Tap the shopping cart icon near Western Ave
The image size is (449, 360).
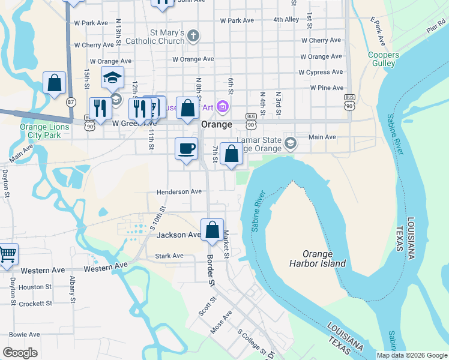7,254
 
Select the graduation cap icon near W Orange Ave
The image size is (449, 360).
112,78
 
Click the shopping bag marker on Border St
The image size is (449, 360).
212,230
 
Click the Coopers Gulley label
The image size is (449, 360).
382,59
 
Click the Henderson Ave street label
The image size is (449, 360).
179,191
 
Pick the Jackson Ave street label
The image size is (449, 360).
178,235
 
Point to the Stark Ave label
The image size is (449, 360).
169,256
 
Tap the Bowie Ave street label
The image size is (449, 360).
25,334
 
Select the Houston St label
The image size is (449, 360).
35,287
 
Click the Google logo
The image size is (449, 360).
20,353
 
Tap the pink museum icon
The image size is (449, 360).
223,107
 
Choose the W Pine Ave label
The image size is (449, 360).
327,88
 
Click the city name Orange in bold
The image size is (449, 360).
217,124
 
